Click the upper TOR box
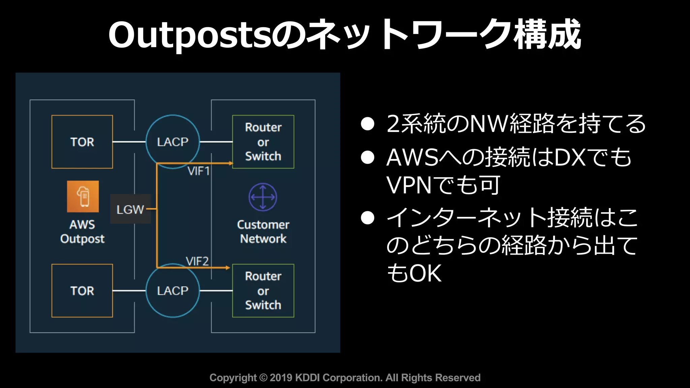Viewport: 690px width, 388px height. pos(82,142)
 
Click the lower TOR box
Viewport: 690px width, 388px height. pos(82,291)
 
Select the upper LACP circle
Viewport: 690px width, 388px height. pos(172,142)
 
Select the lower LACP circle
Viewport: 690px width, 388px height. pos(172,291)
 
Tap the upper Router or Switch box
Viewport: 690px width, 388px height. pos(263,142)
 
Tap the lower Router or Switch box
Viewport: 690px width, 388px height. pos(263,291)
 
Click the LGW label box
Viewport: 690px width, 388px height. pos(130,209)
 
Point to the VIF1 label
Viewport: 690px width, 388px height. pos(198,171)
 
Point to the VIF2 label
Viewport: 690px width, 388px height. pos(197,261)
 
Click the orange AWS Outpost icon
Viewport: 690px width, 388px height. pos(83,196)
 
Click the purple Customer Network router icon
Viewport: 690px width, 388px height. pos(263,197)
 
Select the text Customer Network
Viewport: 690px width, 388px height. pos(263,231)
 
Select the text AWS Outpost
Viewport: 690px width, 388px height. pos(82,231)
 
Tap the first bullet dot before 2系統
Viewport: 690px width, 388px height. pos(367,124)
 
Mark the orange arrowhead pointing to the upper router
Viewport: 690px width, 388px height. pos(231,163)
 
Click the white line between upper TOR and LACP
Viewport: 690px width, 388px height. pos(129,142)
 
